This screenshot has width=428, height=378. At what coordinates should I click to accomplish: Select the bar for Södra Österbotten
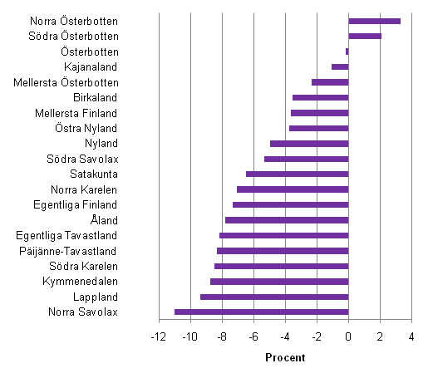(x=365, y=36)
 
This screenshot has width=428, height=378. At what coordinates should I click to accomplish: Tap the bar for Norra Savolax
(x=261, y=312)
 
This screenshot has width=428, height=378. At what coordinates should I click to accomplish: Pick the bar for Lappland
(x=274, y=297)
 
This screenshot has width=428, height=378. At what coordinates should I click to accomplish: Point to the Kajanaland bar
(x=340, y=66)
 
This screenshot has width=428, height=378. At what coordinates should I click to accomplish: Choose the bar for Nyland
(x=309, y=144)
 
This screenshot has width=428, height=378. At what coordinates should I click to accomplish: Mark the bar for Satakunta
(x=297, y=174)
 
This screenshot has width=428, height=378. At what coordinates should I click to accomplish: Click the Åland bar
(x=287, y=220)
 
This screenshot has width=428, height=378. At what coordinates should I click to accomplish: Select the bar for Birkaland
(x=320, y=97)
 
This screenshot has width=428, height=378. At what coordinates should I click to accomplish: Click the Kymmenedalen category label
(x=80, y=282)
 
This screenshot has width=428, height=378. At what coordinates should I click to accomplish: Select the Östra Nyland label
(x=86, y=128)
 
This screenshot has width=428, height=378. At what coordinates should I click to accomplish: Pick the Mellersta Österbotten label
(x=66, y=82)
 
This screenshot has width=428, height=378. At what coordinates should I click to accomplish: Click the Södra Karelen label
(x=83, y=266)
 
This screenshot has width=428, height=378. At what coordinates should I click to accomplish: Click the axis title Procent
(x=284, y=357)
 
